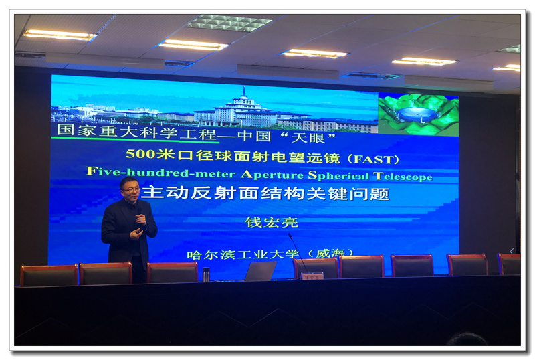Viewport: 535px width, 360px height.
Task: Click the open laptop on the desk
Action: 260,271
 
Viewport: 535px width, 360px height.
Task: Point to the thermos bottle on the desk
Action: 206,274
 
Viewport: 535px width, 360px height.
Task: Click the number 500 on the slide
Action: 140,153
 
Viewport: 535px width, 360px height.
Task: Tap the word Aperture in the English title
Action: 272,175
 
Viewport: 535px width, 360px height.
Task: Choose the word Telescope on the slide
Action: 403,176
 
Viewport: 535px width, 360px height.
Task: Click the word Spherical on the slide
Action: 338,175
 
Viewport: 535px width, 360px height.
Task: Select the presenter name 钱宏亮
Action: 272,222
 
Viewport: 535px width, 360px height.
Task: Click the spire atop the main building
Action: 243,92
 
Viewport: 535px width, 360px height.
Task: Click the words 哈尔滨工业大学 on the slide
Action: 243,254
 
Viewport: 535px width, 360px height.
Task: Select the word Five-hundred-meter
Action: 161,172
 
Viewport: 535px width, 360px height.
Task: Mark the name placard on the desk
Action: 312,276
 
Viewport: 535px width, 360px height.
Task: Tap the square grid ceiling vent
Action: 229,23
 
